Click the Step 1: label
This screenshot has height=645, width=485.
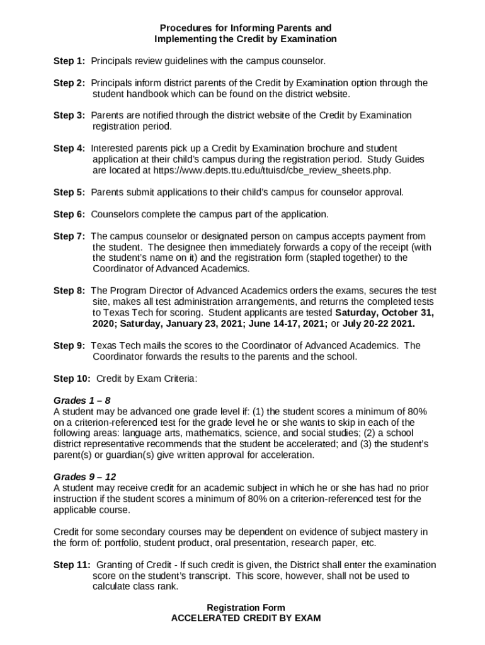point(69,61)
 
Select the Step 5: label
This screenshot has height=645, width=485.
point(69,192)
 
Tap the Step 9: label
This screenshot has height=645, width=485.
point(69,346)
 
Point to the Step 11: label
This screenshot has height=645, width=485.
point(72,565)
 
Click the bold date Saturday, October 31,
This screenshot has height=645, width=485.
point(385,313)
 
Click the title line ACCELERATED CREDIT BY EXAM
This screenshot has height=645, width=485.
point(246,619)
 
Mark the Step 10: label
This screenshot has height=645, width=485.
point(72,379)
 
